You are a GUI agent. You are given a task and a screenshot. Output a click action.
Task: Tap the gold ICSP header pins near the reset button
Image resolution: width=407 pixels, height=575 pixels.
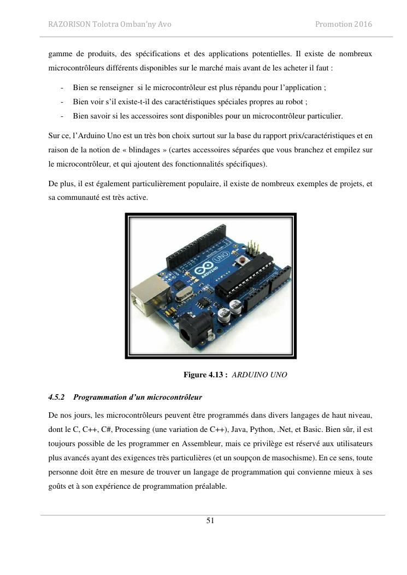[x=252, y=246]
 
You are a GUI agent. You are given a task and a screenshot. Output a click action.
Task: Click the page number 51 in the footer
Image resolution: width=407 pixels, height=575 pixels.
[x=210, y=520]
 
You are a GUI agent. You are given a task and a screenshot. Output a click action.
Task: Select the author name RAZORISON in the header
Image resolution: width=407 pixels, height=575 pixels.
[x=70, y=25]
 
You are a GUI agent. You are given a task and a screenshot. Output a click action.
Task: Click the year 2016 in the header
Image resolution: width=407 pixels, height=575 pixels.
[x=362, y=25]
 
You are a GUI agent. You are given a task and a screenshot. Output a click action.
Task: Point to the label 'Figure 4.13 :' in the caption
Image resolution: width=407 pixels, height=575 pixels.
[x=205, y=375]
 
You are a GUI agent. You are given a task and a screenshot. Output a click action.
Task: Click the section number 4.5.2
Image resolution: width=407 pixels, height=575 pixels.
[x=56, y=396]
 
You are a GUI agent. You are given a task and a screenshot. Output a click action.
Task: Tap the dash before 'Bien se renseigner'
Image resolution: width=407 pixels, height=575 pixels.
[x=63, y=87]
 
